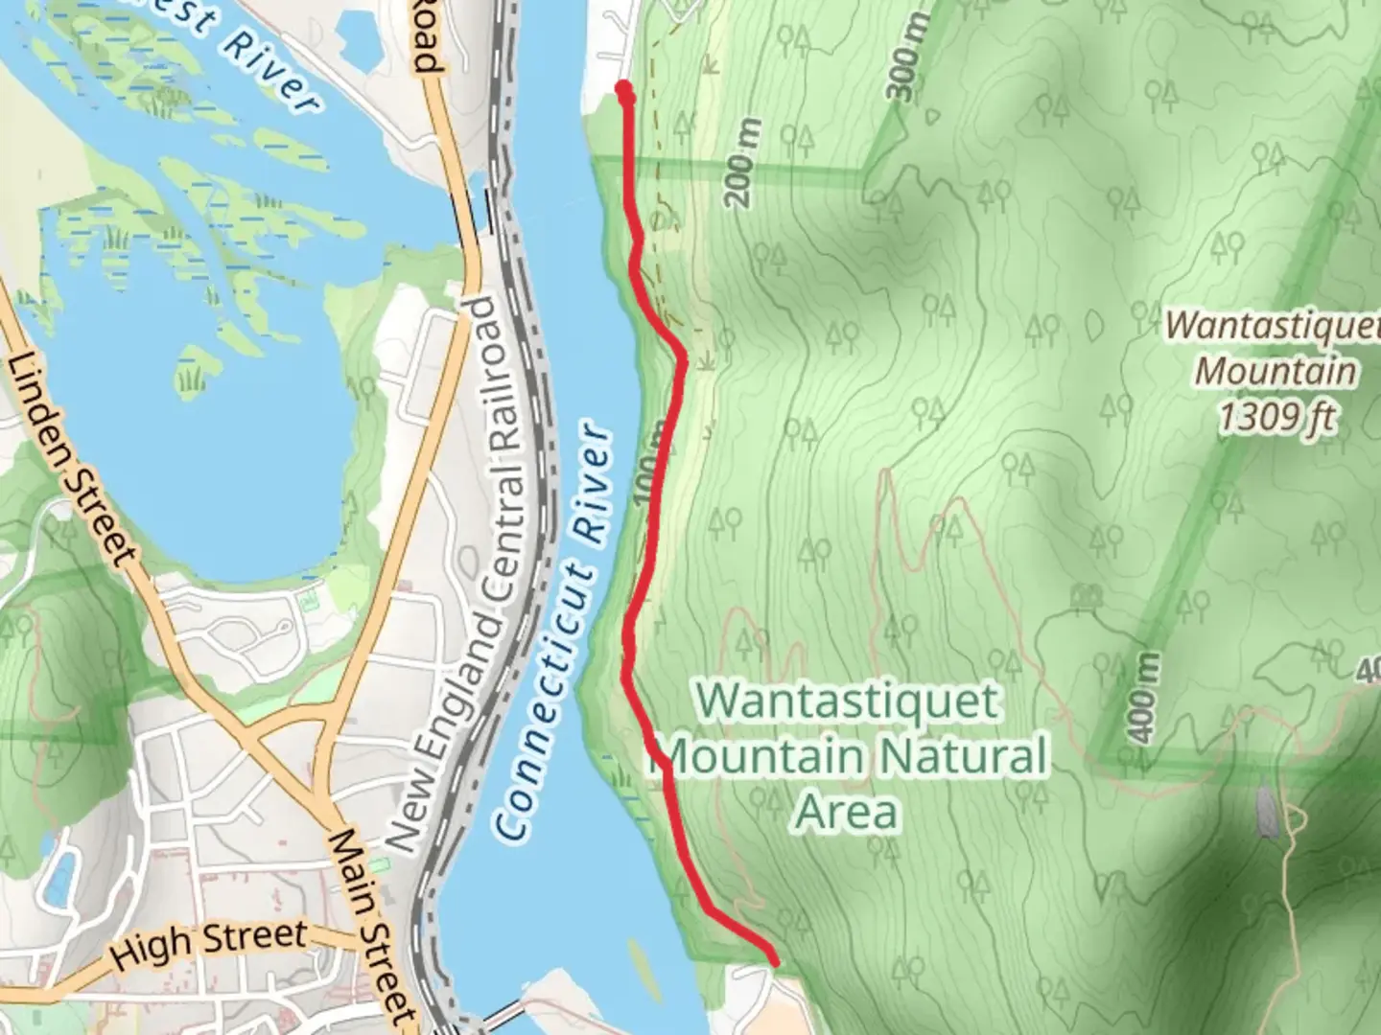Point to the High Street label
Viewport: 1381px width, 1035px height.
pyautogui.click(x=209, y=945)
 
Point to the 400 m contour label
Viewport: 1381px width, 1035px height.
pyautogui.click(x=1143, y=698)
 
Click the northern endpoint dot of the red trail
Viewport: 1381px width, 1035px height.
pyautogui.click(x=624, y=91)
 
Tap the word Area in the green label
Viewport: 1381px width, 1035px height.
pyautogui.click(x=847, y=813)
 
